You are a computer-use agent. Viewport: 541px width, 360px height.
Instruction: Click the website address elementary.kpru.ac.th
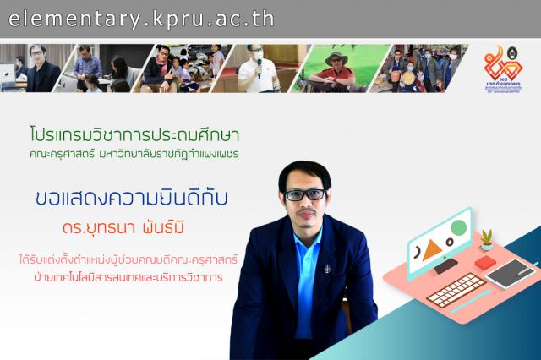[x=141, y=19]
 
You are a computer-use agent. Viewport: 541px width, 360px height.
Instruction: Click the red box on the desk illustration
[x=484, y=263]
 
